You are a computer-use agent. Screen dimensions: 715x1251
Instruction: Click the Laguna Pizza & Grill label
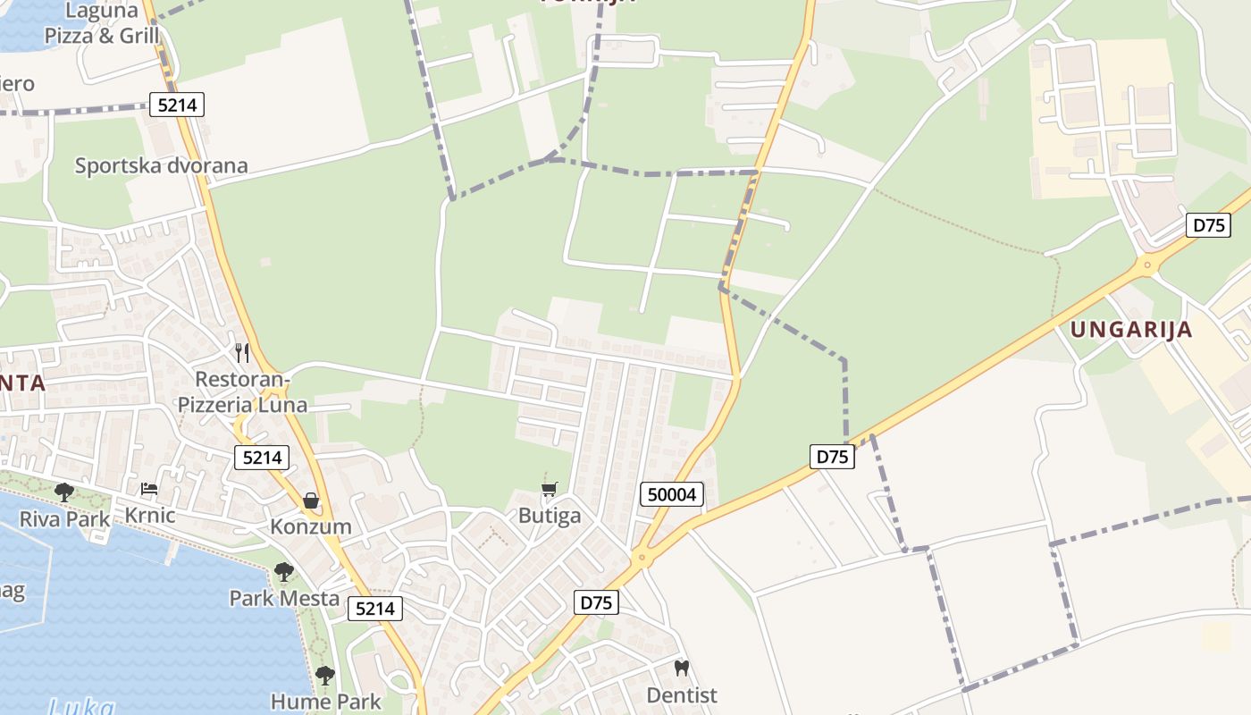point(102,24)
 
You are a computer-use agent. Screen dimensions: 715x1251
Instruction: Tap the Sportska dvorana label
point(161,165)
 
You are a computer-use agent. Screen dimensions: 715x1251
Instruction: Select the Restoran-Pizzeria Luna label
point(242,391)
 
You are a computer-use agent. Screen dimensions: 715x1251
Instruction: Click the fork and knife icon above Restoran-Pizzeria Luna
point(241,352)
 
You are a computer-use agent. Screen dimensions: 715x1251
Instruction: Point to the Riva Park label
point(65,518)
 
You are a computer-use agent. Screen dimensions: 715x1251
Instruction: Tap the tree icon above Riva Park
point(63,492)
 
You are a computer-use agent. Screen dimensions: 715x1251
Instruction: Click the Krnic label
point(149,515)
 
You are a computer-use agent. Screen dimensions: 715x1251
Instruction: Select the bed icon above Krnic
point(149,489)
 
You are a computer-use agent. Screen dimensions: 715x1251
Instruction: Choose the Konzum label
point(311,526)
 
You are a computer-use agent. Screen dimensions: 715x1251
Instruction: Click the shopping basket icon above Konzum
point(311,500)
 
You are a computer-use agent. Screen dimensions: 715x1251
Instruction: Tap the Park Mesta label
point(284,598)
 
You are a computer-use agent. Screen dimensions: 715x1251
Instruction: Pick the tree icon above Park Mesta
point(284,571)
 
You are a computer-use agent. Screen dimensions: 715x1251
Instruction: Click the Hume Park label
point(325,702)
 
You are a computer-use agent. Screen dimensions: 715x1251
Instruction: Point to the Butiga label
point(550,516)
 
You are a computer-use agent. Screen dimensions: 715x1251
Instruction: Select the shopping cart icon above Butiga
point(550,489)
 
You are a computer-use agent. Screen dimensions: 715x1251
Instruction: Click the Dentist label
point(682,694)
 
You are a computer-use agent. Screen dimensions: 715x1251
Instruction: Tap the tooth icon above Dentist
point(682,668)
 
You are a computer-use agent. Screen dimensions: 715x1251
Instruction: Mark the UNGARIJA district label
point(1131,329)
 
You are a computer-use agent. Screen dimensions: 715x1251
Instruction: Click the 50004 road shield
point(672,494)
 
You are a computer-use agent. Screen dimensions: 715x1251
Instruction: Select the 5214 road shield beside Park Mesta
point(374,609)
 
